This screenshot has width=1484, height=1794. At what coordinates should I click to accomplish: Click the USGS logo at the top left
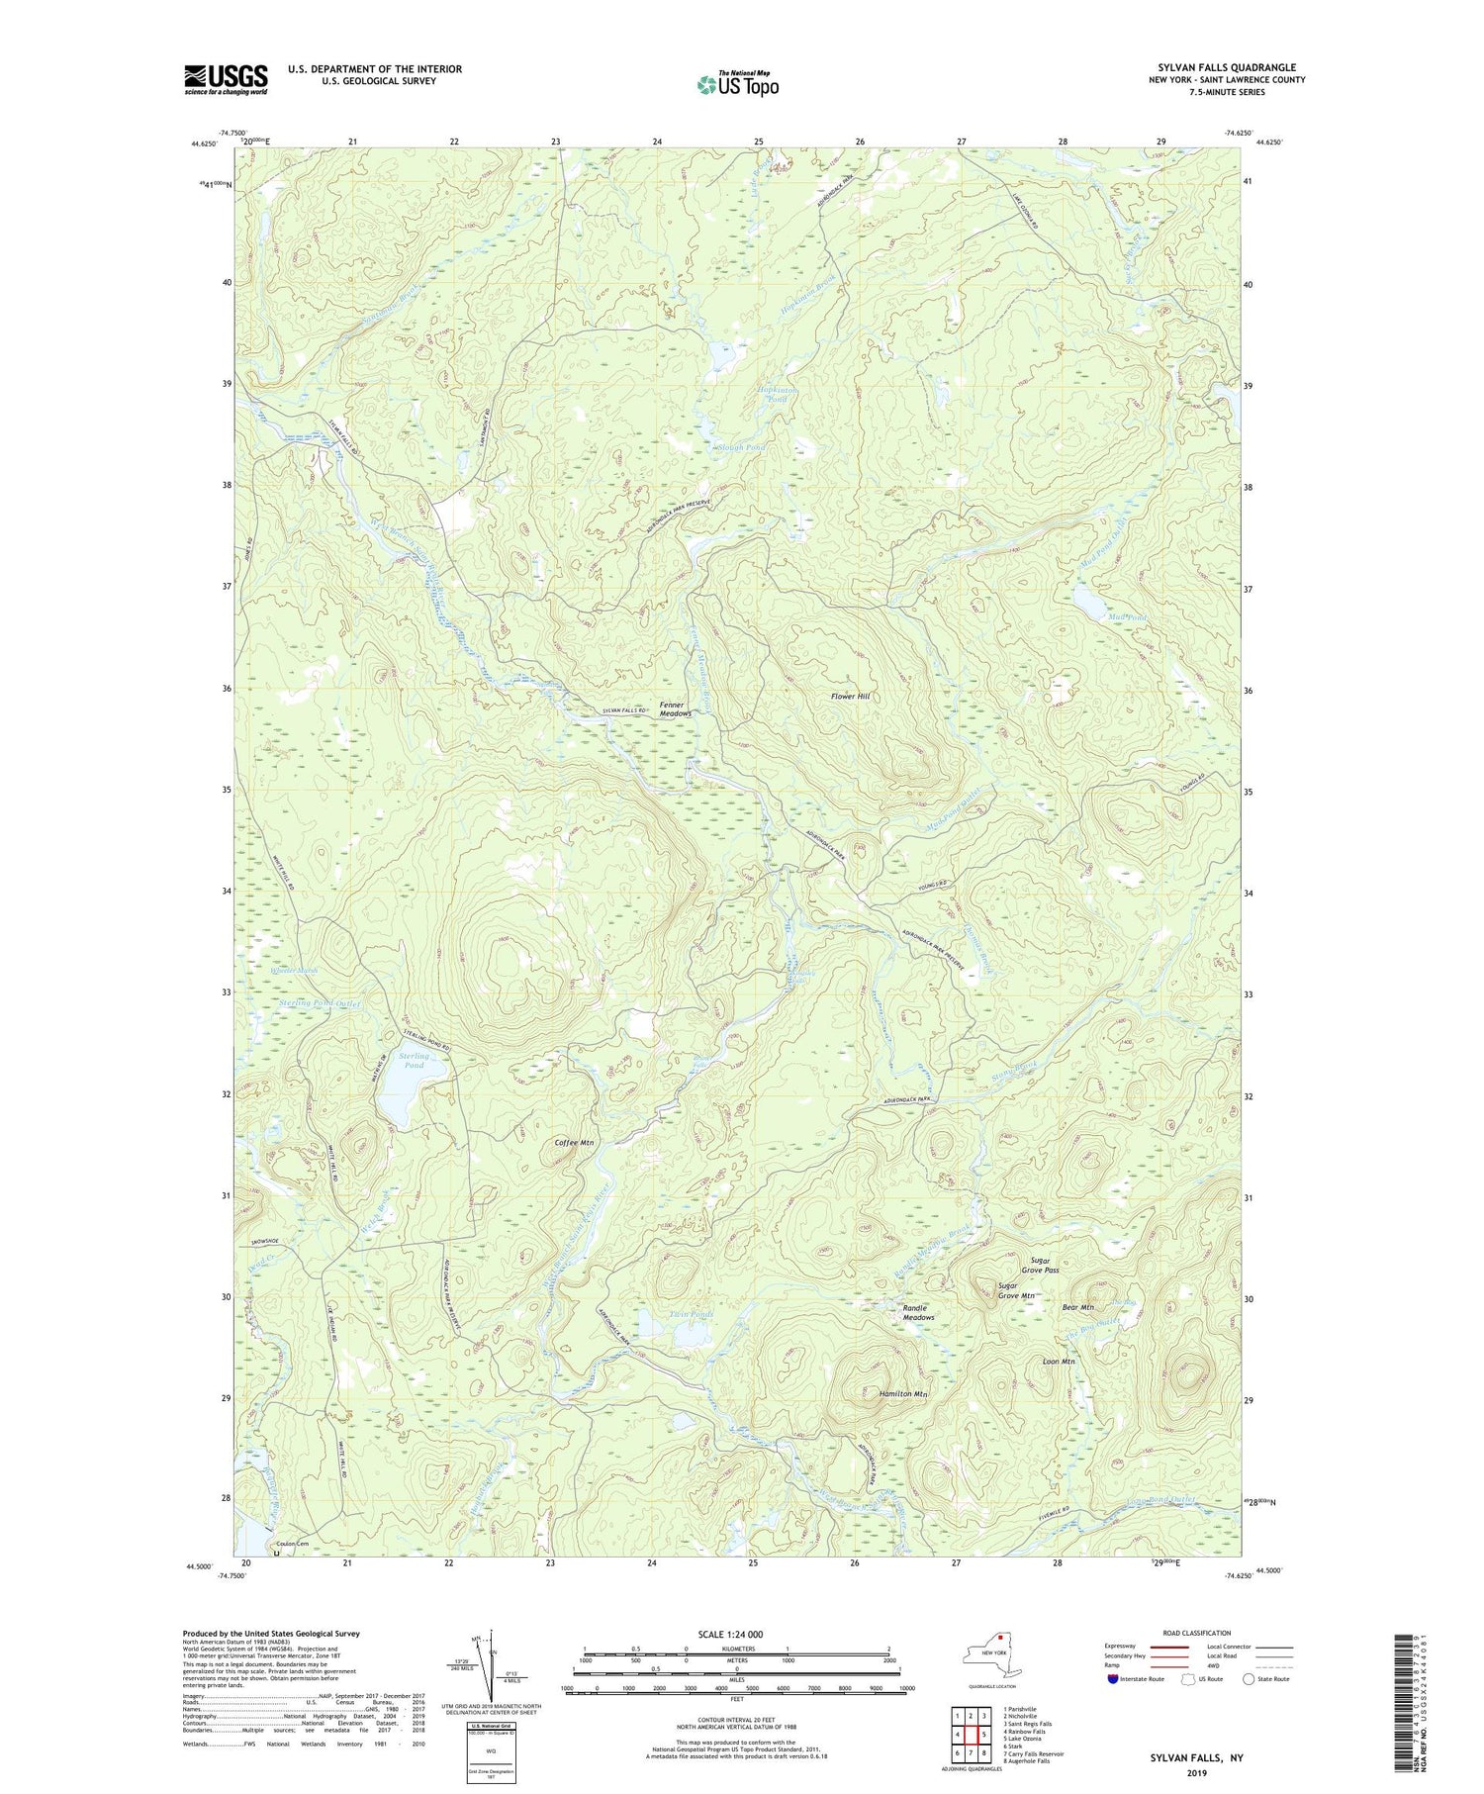tap(226, 79)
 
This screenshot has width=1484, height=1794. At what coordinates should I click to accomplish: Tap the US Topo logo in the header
tap(737, 84)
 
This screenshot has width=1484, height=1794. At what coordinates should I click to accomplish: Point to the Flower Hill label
tap(850, 697)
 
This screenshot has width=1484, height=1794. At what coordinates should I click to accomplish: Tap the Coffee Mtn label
tap(574, 1143)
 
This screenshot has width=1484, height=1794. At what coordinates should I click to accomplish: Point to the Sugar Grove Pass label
tap(1039, 1266)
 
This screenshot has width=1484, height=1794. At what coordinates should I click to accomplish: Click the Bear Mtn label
tap(1077, 1307)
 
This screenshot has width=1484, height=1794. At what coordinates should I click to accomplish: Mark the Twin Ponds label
tap(691, 1314)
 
